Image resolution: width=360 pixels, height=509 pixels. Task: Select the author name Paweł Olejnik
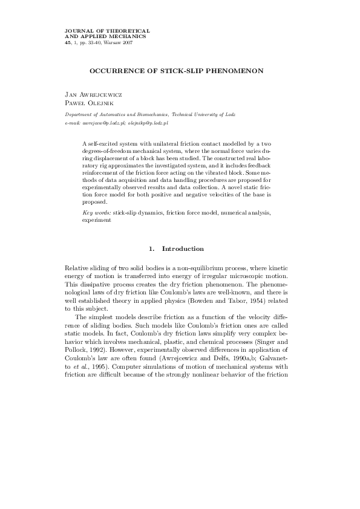88,103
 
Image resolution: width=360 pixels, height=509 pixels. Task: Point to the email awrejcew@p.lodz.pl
104,122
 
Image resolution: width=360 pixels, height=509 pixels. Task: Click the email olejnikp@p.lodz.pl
152,122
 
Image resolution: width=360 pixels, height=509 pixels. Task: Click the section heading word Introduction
183,249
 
